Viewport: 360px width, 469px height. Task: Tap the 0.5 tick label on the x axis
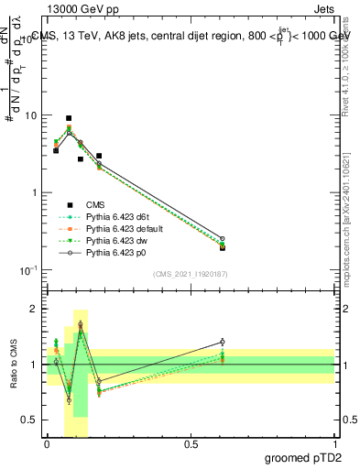(191, 443)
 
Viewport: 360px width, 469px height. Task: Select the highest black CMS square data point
(69, 118)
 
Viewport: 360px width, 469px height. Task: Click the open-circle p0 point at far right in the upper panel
(223, 238)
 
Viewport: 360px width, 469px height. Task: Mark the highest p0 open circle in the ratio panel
(81, 324)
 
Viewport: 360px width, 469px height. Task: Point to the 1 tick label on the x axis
(335, 443)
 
